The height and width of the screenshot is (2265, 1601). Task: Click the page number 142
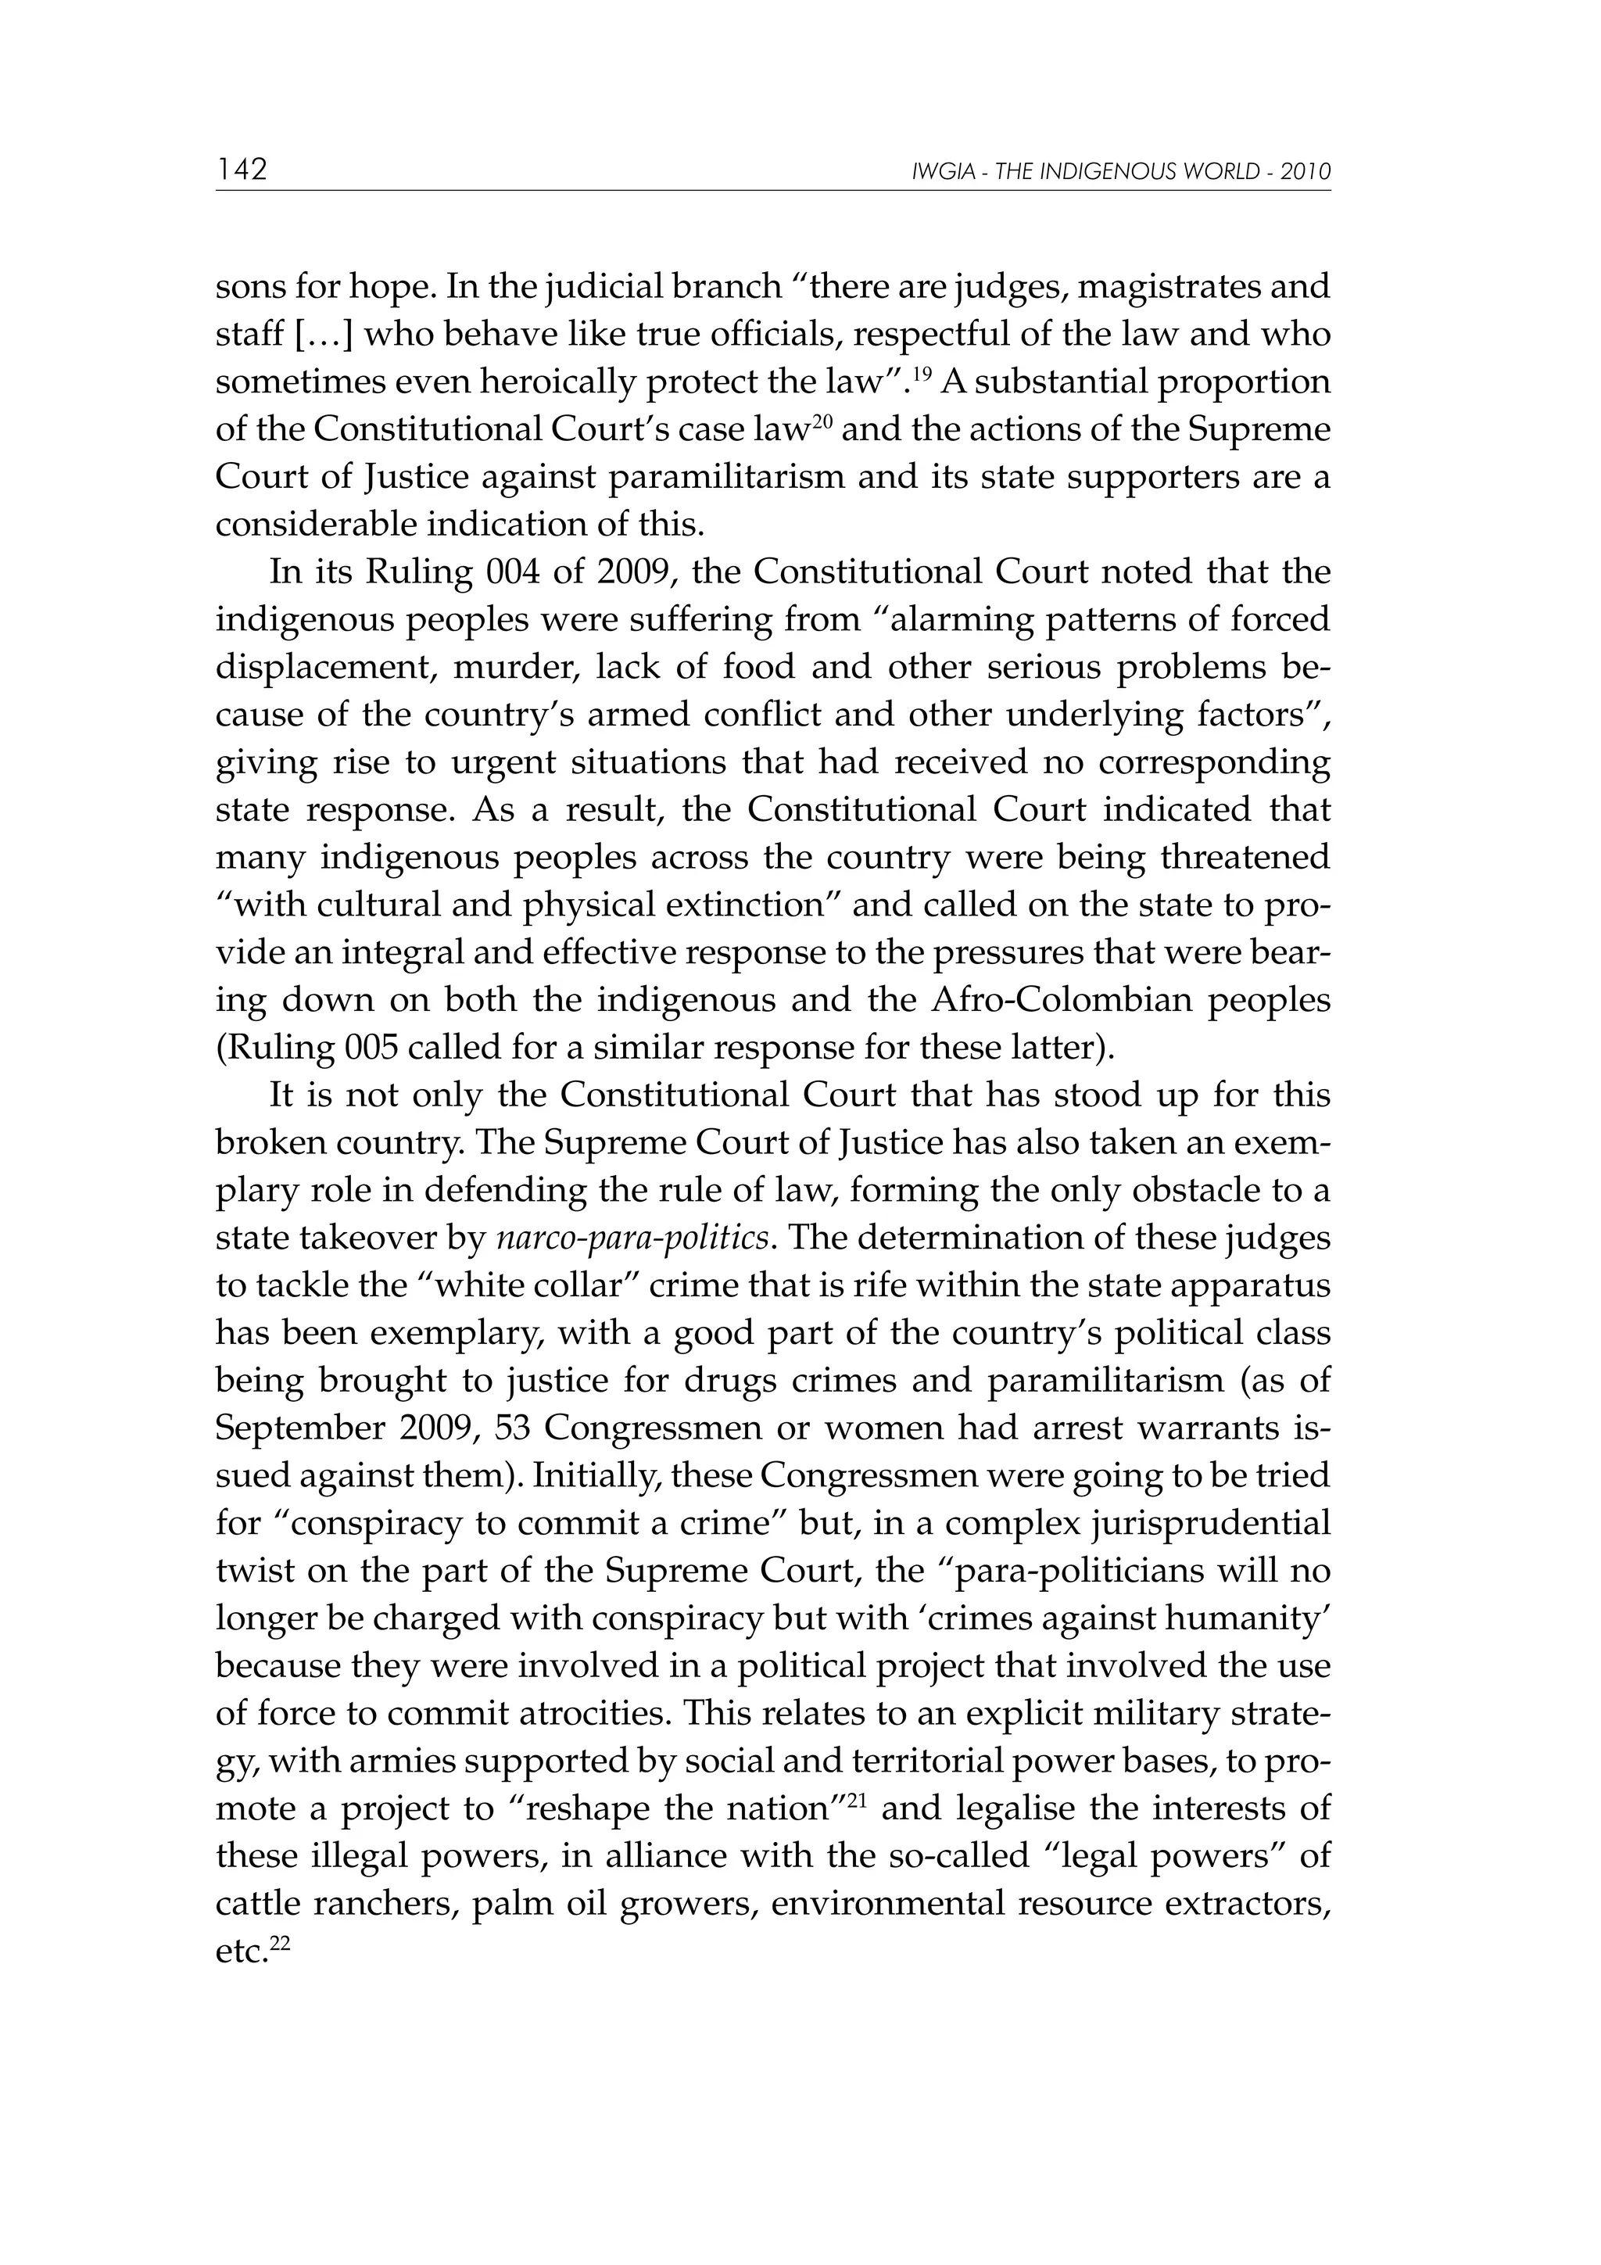tap(242, 170)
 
